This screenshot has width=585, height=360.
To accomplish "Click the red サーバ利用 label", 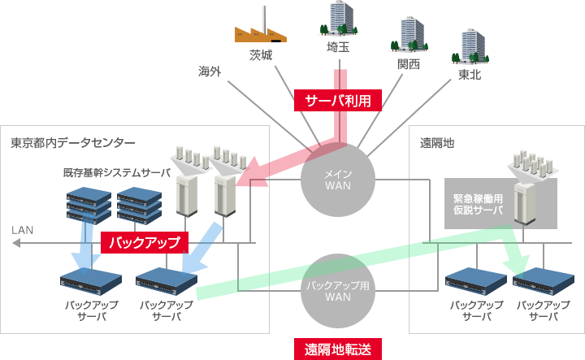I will (337, 100).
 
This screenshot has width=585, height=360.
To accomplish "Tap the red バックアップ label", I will (144, 242).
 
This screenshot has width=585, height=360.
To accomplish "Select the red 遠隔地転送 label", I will (337, 349).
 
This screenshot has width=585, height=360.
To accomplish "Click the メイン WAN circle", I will (337, 181).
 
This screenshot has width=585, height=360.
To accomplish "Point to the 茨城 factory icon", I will (261, 28).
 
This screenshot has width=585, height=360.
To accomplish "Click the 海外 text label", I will (210, 72).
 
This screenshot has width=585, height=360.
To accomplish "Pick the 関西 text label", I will (409, 64).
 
